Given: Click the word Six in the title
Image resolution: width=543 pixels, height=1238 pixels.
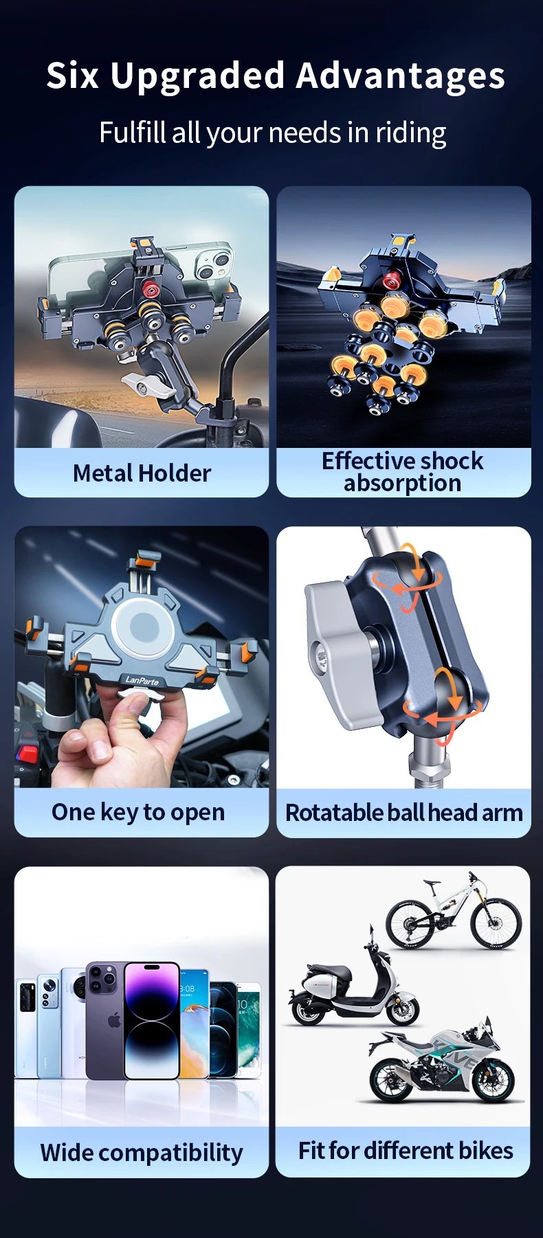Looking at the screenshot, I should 73,75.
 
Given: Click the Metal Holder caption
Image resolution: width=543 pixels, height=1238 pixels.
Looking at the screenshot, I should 142,473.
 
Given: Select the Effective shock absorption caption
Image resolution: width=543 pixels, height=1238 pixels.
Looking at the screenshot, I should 403,472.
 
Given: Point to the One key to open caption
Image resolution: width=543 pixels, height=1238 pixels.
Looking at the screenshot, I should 138,812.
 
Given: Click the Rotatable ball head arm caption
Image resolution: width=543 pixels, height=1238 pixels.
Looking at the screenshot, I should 403,813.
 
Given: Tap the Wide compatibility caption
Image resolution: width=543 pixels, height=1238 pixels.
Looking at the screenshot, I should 142,1152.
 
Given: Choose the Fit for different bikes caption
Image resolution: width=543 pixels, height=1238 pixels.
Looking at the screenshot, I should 405,1150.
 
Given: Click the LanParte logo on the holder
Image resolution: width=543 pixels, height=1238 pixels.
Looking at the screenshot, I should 142,681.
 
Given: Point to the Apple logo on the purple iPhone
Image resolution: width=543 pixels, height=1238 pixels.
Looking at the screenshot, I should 114,1020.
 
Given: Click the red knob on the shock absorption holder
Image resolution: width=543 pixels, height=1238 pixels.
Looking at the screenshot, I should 392,280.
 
